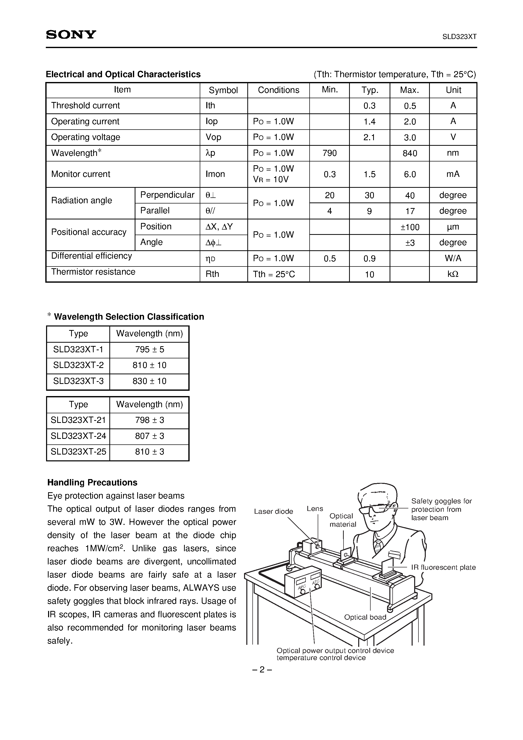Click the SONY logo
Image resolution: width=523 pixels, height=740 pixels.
(x=71, y=34)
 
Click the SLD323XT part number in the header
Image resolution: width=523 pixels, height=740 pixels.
(x=459, y=37)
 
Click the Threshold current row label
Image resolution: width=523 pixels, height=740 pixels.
(x=86, y=105)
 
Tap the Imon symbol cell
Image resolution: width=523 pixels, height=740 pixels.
(x=215, y=174)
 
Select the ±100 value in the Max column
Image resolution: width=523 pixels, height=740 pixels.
(x=410, y=227)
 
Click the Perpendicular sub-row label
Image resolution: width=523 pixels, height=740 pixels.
(x=167, y=195)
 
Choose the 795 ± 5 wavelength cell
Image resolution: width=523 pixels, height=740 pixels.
(x=149, y=349)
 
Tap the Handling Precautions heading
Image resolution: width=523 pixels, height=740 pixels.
(x=92, y=482)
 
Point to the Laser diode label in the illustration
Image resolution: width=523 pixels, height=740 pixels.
(x=273, y=511)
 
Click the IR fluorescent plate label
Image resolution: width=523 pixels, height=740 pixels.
(x=443, y=567)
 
